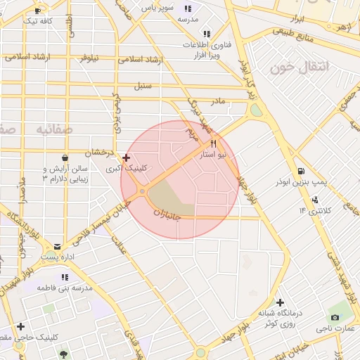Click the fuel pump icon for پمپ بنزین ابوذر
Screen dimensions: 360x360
coord(302,171)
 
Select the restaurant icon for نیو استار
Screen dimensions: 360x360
coord(213,143)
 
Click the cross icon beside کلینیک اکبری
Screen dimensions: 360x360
coord(126,158)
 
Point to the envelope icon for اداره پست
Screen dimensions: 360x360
coord(57,247)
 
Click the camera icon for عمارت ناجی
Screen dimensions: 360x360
coord(335,317)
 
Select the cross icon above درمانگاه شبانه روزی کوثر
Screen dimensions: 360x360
coord(280,302)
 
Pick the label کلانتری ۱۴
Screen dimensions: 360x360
coord(314,210)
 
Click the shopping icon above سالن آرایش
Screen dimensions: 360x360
coord(65,157)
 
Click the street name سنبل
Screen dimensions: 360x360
coord(143,86)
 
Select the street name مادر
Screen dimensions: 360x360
coord(219,101)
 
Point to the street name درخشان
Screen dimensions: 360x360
coord(98,152)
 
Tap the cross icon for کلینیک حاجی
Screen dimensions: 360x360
coord(21,326)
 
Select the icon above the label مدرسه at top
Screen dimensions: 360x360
coord(188,8)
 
